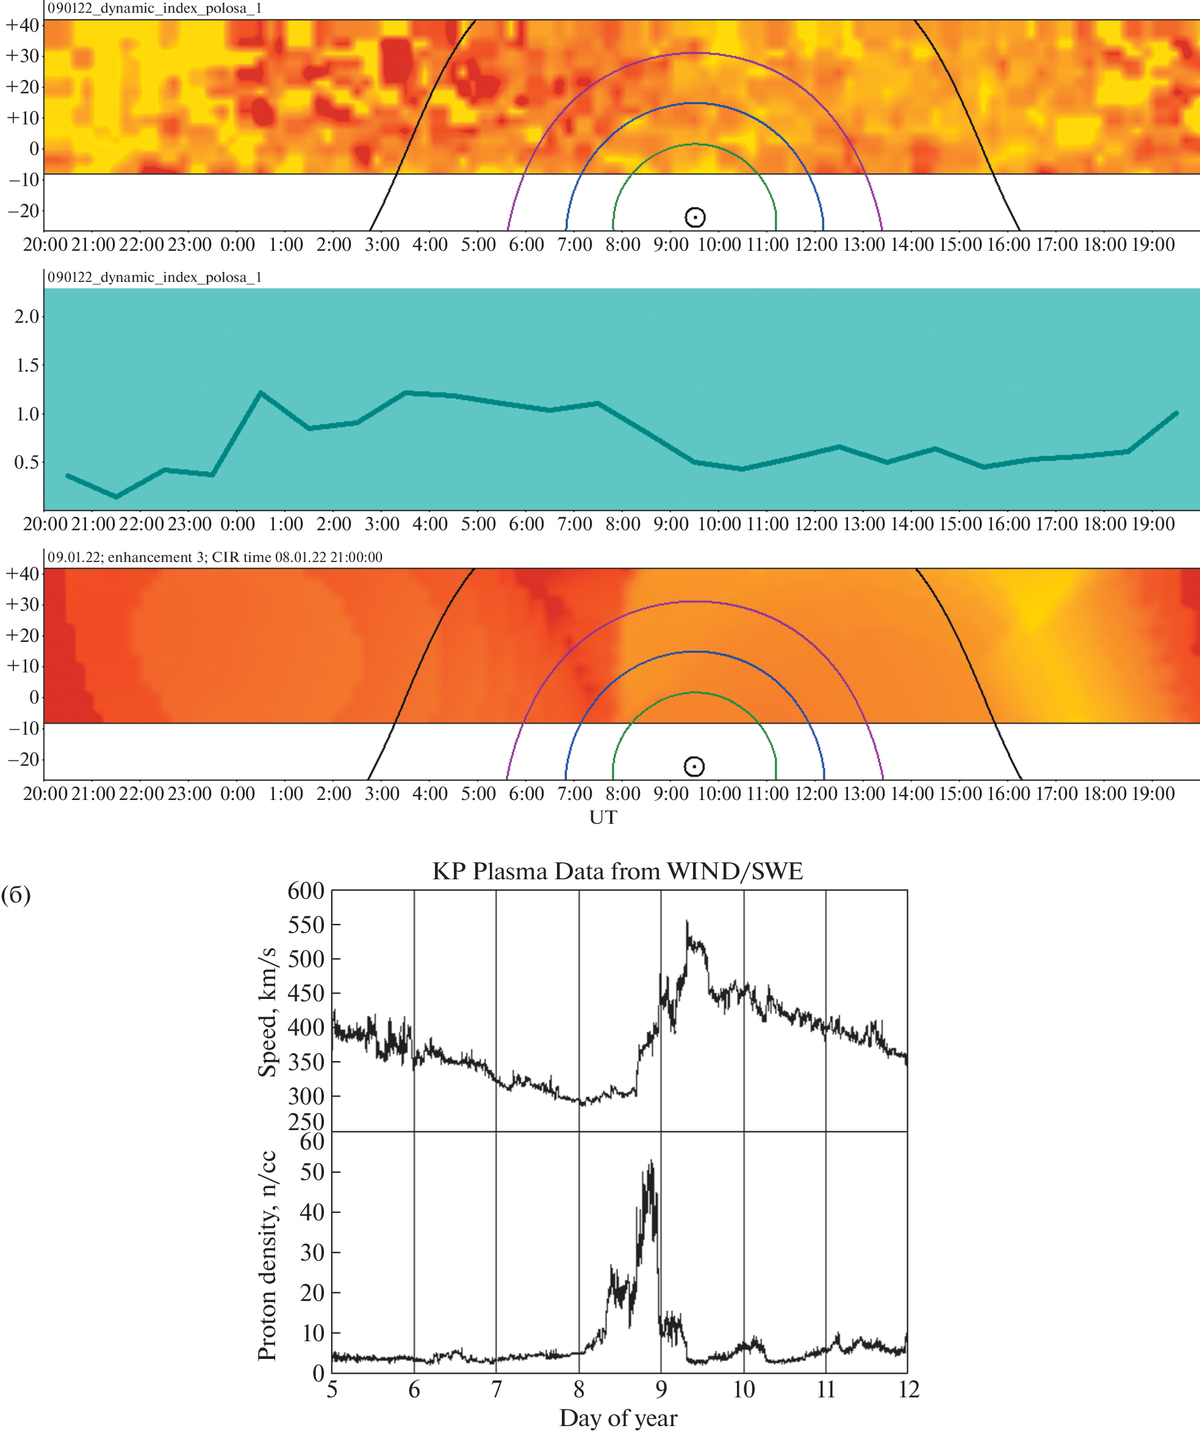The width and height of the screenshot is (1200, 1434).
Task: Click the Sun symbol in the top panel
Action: point(694,217)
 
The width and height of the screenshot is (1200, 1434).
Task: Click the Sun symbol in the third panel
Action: point(694,766)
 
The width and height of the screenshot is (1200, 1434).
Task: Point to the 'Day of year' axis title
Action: point(618,1418)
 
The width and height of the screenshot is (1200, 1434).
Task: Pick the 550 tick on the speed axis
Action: point(305,924)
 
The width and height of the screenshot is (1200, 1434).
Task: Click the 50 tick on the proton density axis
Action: point(312,1172)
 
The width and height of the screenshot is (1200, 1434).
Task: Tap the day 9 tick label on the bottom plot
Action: point(661,1389)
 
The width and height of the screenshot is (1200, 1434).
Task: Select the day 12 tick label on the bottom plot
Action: point(908,1389)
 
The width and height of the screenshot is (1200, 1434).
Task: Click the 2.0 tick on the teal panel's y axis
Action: point(27,317)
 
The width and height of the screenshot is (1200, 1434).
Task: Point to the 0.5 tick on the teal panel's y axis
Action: point(27,463)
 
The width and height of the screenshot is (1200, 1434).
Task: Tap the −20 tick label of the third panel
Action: point(23,759)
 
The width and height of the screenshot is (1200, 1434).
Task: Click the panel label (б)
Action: point(16,895)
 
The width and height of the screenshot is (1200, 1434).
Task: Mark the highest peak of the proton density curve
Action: point(651,1160)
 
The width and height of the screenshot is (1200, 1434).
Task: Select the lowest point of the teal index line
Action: point(116,497)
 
